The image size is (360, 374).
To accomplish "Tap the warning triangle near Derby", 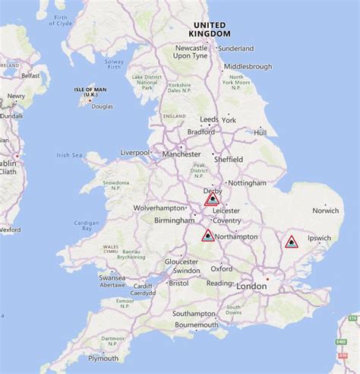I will coord(213,199).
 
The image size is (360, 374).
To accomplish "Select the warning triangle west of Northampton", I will coord(207,236).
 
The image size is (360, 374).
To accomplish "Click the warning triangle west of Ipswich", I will coord(290,242).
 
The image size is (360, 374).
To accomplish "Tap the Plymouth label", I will coord(103,358).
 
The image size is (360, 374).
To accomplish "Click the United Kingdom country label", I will coord(209,30).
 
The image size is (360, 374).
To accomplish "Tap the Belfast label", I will coord(30,76).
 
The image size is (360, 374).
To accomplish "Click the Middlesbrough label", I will coord(248,66).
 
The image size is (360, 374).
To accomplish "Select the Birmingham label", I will coord(174,220).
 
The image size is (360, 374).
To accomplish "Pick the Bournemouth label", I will coord(196,325).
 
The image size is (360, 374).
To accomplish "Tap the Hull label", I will coord(261,132).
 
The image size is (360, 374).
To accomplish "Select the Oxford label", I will coord(222,268).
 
